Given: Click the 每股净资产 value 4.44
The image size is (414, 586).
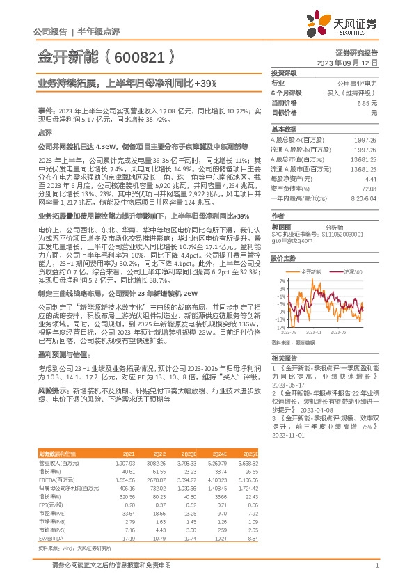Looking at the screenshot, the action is [370, 178].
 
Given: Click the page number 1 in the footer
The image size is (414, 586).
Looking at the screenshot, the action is [376, 574].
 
